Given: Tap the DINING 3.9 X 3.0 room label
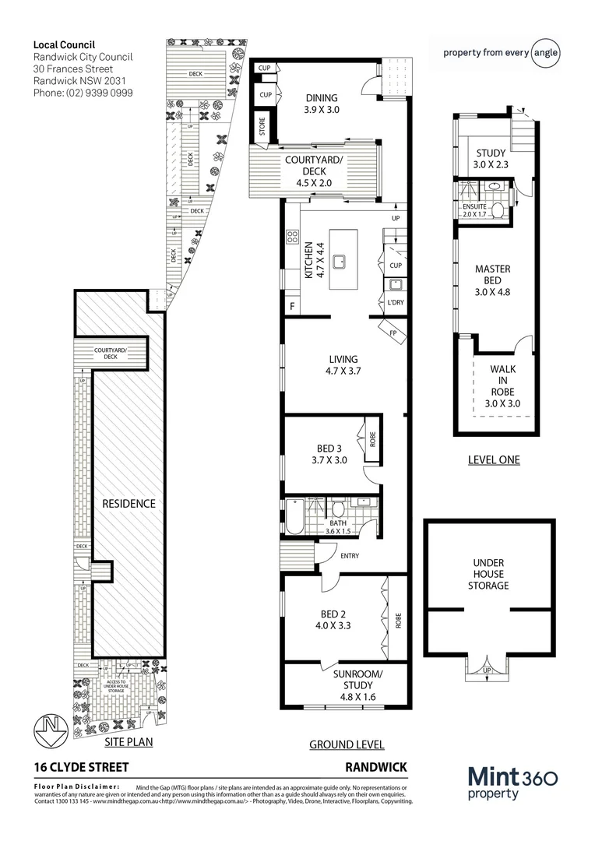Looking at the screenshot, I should [322, 104].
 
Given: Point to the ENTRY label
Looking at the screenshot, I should [350, 555].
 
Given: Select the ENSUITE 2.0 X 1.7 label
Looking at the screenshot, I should [475, 210].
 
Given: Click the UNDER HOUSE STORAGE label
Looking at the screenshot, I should [488, 574].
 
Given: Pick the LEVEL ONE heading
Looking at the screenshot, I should [493, 459].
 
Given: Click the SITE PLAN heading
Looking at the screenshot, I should [129, 742].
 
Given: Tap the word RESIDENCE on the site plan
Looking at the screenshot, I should [129, 504].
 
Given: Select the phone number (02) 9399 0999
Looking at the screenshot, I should [82, 93].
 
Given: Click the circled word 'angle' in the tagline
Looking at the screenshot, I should [545, 53].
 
